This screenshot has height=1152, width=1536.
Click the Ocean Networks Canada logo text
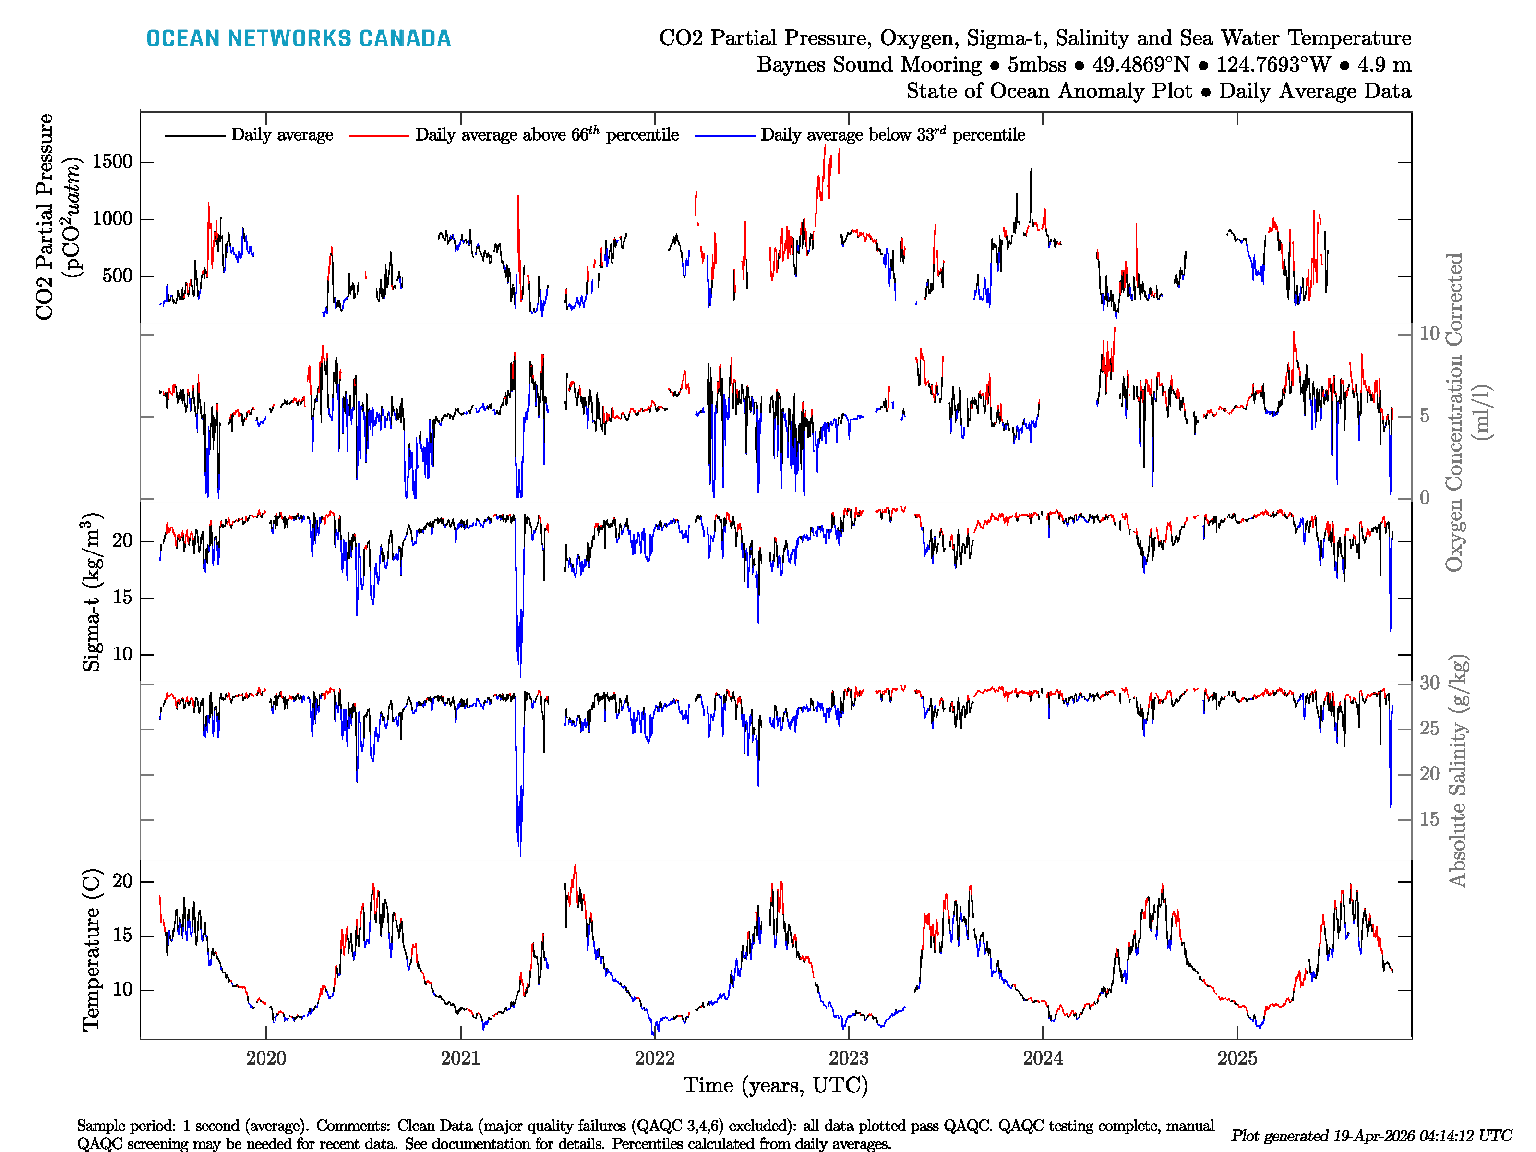coord(298,38)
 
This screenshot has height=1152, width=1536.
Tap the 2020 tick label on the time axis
coord(266,1058)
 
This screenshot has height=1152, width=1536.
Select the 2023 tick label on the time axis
coord(849,1058)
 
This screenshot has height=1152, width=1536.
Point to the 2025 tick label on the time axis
coord(1237,1058)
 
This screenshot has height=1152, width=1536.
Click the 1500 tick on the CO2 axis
coord(112,162)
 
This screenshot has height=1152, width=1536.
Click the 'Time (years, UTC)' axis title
coord(776,1085)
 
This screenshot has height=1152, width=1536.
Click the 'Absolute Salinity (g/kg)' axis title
coord(1457,771)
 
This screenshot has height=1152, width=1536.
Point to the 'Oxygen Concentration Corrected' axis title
coord(1454,412)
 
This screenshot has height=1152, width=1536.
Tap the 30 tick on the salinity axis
coord(1429,684)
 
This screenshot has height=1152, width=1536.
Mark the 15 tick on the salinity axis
coord(1429,819)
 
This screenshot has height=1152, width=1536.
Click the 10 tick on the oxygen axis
coord(1429,334)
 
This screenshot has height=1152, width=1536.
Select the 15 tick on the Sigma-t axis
coord(122,598)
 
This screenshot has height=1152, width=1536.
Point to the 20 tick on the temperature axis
coord(122,881)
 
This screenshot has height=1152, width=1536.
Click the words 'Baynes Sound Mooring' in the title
coord(869,65)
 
